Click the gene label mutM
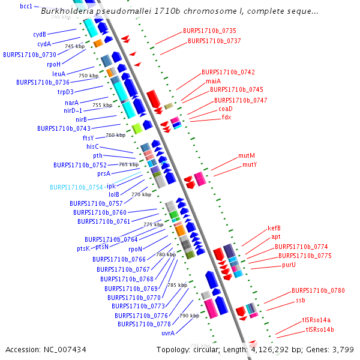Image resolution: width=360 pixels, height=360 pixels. click(247, 155)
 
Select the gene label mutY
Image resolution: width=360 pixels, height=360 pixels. click(250, 164)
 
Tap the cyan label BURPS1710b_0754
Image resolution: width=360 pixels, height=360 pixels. click(76, 187)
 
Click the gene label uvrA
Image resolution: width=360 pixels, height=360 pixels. click(168, 333)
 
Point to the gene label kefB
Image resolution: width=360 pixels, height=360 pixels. click(274, 228)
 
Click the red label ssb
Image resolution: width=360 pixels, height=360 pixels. click(301, 300)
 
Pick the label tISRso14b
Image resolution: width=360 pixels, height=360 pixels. click(320, 330)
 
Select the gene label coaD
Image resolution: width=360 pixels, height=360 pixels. click(225, 109)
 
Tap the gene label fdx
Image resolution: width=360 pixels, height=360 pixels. click(226, 118)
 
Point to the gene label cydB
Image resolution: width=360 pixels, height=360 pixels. click(40, 34)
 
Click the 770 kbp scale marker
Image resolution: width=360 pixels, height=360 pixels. click(142, 194)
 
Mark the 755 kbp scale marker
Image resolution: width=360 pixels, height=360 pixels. click(103, 105)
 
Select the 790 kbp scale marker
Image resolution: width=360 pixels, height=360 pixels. click(190, 316)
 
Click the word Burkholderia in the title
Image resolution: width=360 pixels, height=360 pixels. click(69, 11)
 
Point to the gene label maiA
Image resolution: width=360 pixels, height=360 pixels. click(213, 81)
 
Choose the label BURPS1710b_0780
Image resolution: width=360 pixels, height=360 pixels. click(318, 290)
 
